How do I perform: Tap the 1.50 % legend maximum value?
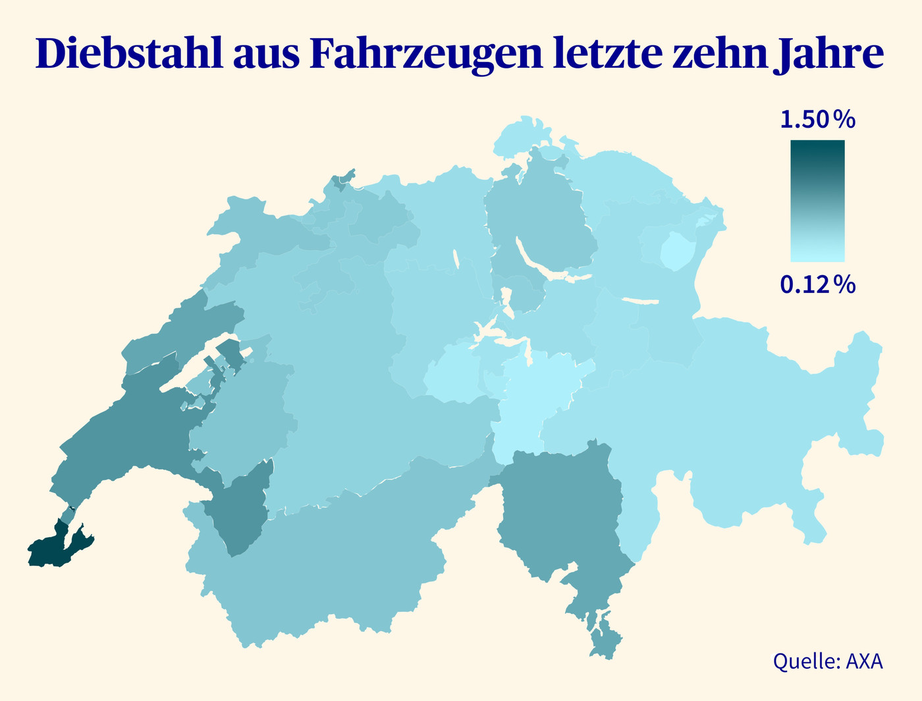[x=817, y=120]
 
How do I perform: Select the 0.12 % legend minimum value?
[x=817, y=284]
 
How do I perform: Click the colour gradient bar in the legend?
[x=817, y=201]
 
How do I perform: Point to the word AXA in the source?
[x=864, y=661]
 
